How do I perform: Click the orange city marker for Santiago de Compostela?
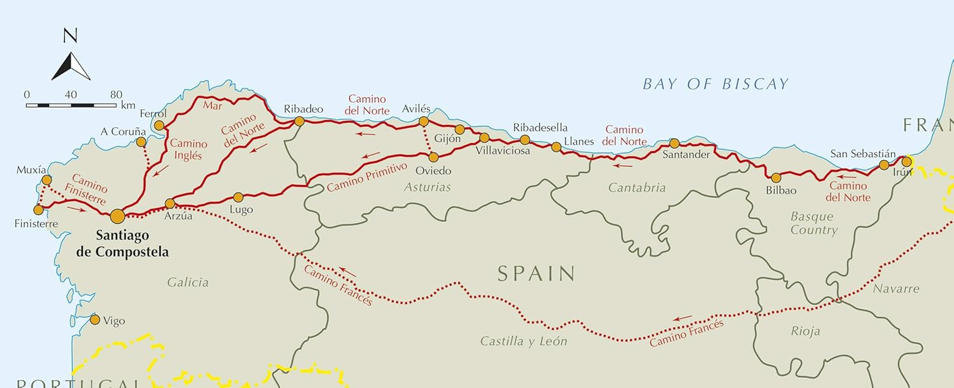point(117,216)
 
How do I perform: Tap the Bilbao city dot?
point(776,178)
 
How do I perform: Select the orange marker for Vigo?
point(95,320)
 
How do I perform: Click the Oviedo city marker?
point(434,157)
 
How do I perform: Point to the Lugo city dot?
point(238,197)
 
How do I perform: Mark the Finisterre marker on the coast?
point(38,210)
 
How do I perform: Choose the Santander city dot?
point(674,143)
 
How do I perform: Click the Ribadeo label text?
point(303,109)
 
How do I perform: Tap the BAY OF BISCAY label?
point(715,84)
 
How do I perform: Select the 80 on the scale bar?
point(116,95)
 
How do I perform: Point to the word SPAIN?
point(536,274)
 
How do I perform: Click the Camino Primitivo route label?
point(367,178)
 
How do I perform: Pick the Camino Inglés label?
point(188,149)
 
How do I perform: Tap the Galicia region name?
point(188,282)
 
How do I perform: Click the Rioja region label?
point(805,331)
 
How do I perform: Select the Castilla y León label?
point(523,341)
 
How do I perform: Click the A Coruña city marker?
point(141,142)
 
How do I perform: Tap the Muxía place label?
point(31,170)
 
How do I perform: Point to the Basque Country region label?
point(814,223)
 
